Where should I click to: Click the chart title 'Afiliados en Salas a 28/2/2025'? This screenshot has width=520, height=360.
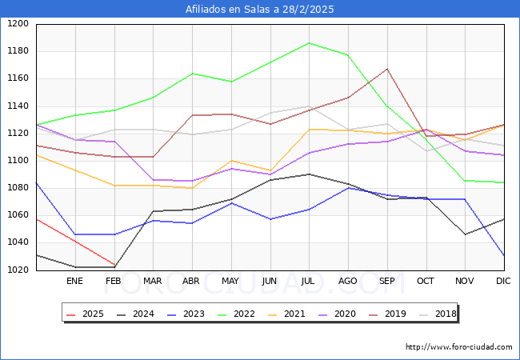260,9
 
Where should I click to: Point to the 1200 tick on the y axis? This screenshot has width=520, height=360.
18,24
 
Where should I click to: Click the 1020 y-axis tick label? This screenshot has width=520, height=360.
18,270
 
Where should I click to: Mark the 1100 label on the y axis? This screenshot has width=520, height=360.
18,160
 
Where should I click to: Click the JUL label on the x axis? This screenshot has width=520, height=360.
309,281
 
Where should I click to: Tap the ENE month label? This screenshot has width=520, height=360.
74,281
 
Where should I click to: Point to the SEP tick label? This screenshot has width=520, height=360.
387,281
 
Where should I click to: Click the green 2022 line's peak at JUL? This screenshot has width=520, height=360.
309,43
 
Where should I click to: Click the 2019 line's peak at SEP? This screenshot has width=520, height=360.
387,69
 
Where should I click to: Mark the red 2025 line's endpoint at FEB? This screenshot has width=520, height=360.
114,266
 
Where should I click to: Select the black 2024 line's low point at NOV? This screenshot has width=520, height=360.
465,234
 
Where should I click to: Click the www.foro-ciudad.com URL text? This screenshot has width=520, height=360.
458,347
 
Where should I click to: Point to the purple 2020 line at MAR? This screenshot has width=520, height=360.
153,180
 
